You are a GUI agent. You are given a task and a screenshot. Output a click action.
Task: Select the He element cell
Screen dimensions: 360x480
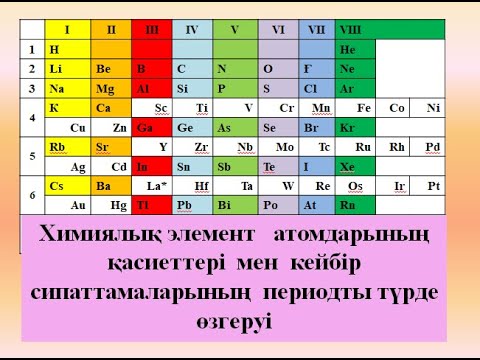[354, 49]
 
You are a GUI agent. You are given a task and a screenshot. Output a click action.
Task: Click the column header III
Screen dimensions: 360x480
[152, 29]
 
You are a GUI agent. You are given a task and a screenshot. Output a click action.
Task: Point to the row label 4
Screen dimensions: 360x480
[32, 117]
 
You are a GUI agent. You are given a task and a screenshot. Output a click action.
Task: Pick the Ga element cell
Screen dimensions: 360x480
[152, 127]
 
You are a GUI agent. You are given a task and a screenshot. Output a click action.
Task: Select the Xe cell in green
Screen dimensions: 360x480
[354, 166]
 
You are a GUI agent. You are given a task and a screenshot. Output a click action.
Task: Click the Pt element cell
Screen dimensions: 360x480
[433, 185]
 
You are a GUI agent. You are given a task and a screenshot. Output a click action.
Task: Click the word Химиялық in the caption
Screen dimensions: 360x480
[111, 236]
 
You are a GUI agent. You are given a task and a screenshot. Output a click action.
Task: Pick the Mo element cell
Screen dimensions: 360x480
[285, 146]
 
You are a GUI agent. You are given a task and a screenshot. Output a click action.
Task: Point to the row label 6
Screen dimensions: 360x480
[32, 194]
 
